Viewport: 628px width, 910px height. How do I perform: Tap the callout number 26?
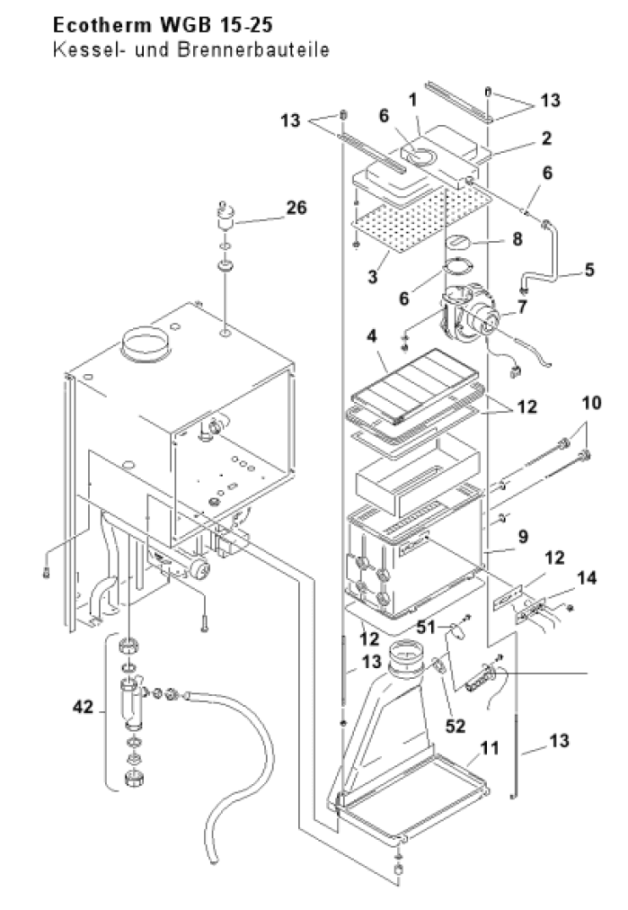pyautogui.click(x=296, y=207)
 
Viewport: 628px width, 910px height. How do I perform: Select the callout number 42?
pyautogui.click(x=83, y=707)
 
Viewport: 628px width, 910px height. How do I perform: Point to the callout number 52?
pyautogui.click(x=456, y=726)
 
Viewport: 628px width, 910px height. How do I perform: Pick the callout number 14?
pyautogui.click(x=587, y=577)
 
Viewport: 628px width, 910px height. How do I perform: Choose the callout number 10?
pyautogui.click(x=591, y=403)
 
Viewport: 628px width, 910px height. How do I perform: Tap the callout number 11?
pyautogui.click(x=490, y=747)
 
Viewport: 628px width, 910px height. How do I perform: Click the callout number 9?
pyautogui.click(x=523, y=536)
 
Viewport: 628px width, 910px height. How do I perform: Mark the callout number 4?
pyautogui.click(x=372, y=336)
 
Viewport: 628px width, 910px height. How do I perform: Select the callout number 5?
pyautogui.click(x=589, y=269)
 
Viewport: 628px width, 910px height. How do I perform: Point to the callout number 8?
pyautogui.click(x=517, y=238)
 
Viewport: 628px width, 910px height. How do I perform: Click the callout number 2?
pyautogui.click(x=546, y=138)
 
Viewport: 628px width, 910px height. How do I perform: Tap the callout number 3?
pyautogui.click(x=372, y=276)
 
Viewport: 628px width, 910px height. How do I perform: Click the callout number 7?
pyautogui.click(x=523, y=307)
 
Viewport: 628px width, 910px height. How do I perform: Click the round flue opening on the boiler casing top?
pyautogui.click(x=145, y=343)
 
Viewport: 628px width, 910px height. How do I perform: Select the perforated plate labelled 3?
pyautogui.click(x=422, y=219)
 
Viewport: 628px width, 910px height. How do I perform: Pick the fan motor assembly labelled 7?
pyautogui.click(x=471, y=318)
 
